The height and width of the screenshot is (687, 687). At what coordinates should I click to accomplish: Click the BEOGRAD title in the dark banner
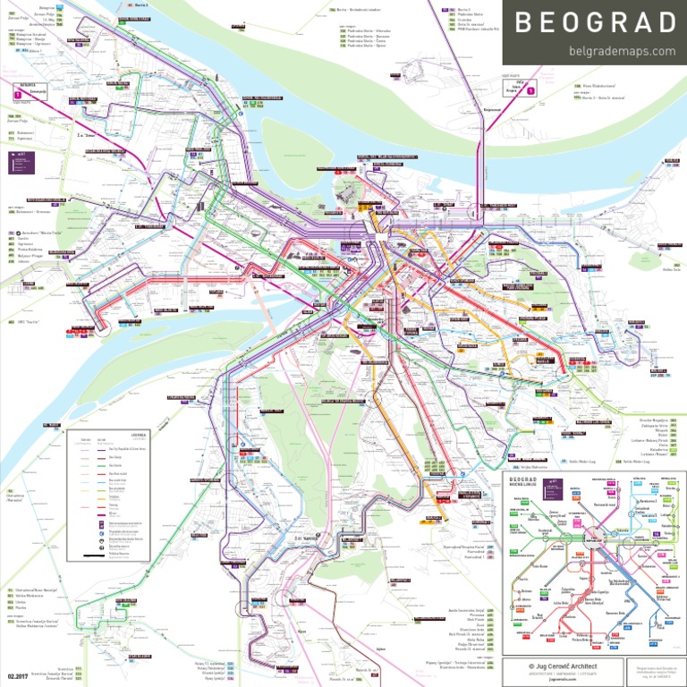click(594, 23)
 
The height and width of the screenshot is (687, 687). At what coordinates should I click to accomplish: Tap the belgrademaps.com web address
click(622, 51)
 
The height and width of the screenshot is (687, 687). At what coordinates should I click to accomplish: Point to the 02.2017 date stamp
click(19, 676)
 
